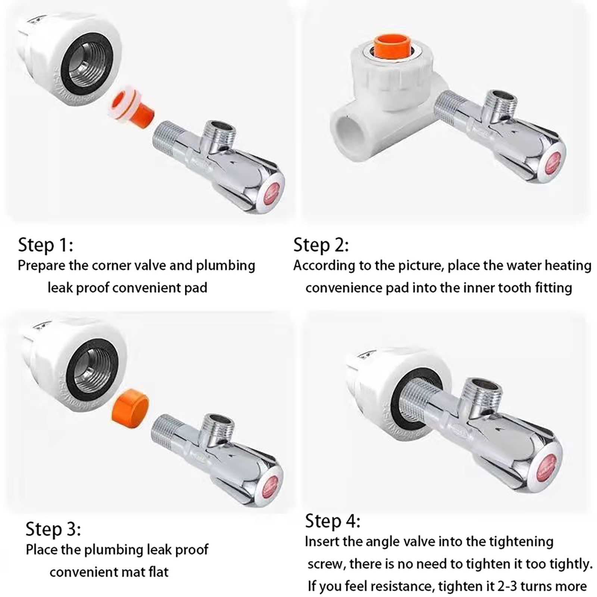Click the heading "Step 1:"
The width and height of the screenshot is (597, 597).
pyautogui.click(x=46, y=245)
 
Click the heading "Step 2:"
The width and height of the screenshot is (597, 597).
pyautogui.click(x=321, y=245)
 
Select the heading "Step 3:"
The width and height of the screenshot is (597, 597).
pyautogui.click(x=53, y=529)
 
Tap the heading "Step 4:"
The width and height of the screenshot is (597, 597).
pyautogui.click(x=333, y=521)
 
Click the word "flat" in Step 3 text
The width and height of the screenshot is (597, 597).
pyautogui.click(x=158, y=572)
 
